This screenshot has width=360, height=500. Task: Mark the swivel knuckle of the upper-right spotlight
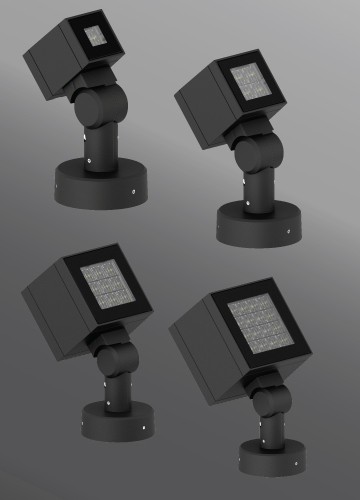pos(251,155)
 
